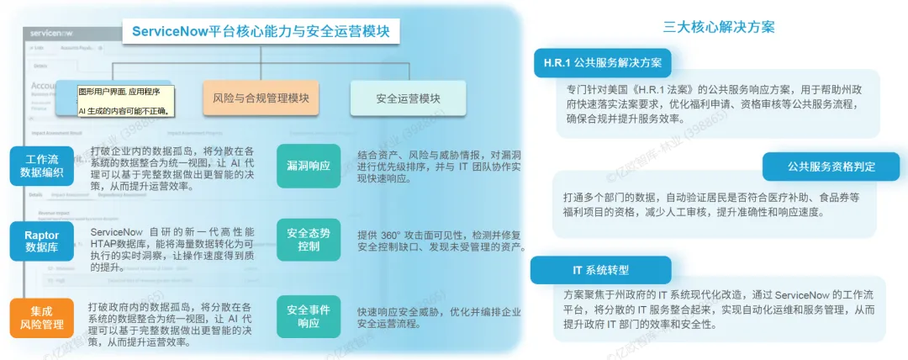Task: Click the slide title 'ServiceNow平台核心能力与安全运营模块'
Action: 261,32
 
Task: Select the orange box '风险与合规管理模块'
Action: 261,98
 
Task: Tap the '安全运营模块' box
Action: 408,98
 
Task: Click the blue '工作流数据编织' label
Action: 42,165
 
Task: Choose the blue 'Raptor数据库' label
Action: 42,242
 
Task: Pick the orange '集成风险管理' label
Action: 42,317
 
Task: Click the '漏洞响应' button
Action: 309,165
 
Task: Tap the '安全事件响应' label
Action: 309,316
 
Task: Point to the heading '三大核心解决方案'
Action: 719,27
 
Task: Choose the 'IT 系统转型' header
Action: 600,270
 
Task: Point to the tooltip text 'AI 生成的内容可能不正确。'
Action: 123,110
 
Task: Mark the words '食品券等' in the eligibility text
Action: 837,197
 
